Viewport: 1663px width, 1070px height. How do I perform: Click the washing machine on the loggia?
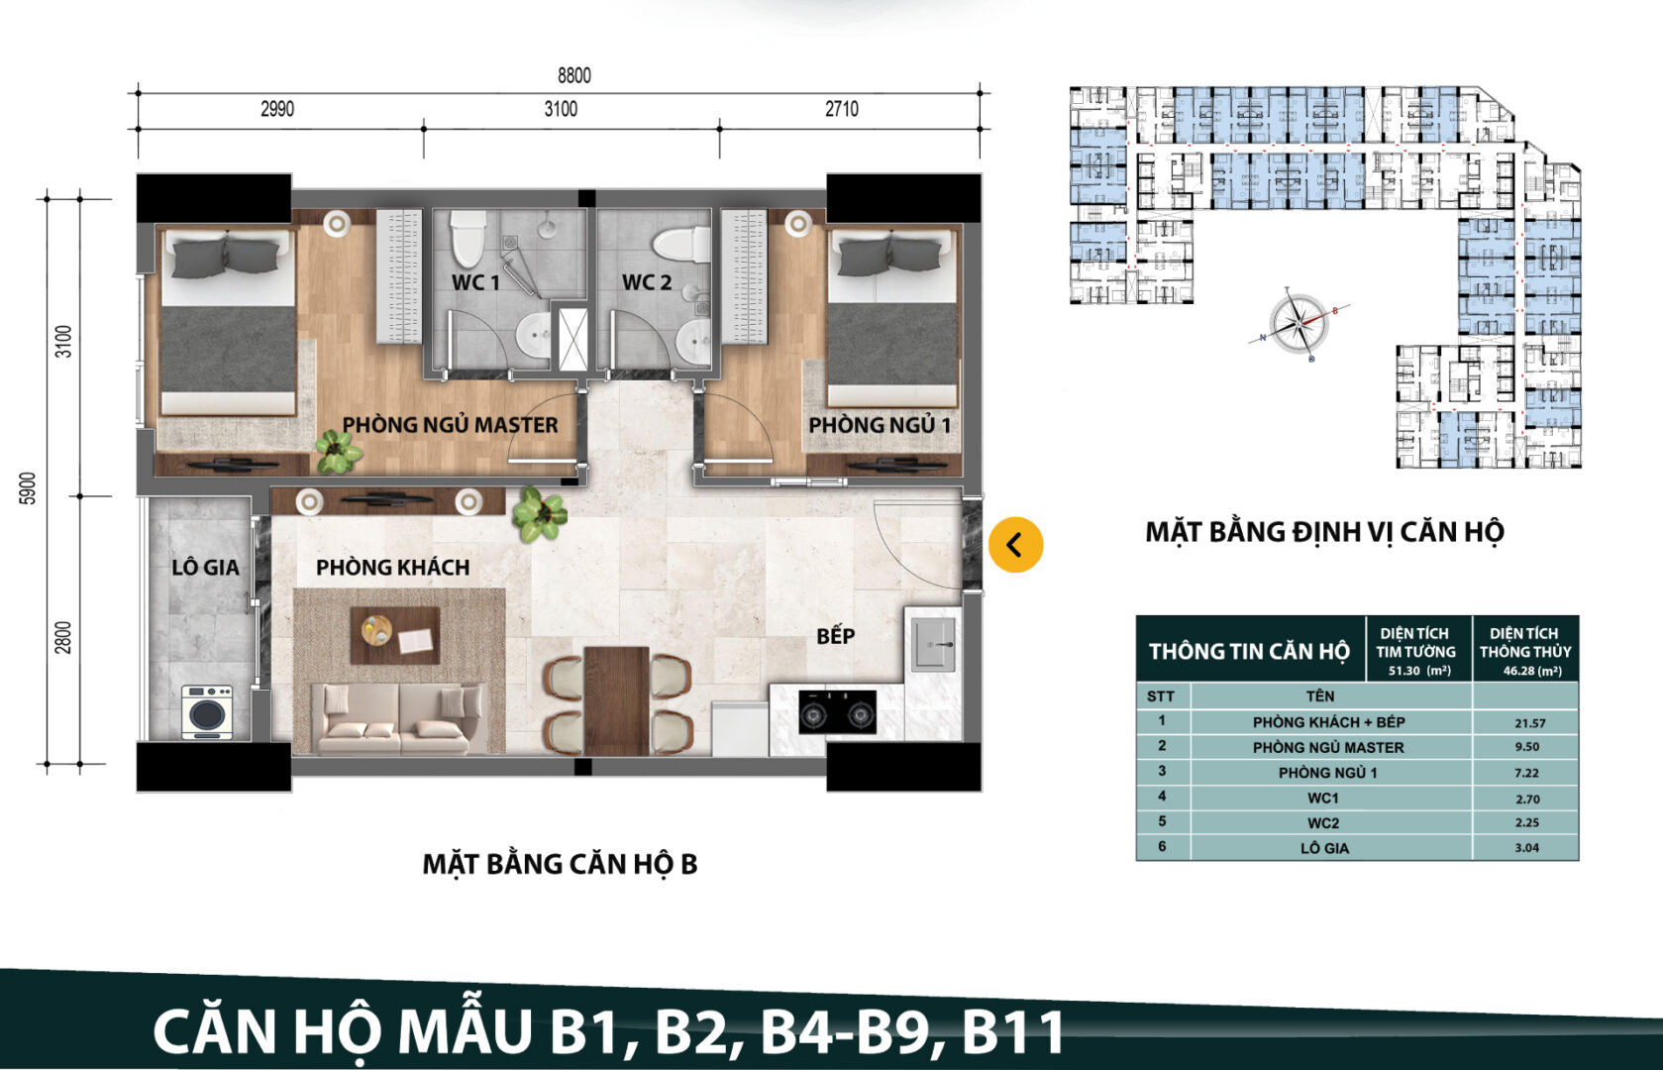point(207,712)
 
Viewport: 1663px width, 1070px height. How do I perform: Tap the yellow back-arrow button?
point(1015,545)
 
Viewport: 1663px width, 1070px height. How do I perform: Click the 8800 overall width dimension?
point(573,75)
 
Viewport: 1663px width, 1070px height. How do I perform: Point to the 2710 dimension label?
point(841,109)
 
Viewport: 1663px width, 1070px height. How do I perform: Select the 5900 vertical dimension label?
point(28,487)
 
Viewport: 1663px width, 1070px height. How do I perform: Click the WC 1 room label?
point(475,282)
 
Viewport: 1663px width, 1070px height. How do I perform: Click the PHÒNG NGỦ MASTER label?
point(450,425)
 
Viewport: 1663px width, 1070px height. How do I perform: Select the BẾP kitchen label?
point(835,636)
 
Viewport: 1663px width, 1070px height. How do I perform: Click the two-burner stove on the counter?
point(837,712)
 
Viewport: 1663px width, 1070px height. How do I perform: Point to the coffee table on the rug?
point(395,635)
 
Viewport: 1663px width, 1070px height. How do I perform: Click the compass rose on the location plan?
point(1299,324)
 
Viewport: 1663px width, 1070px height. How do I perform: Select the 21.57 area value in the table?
point(1528,723)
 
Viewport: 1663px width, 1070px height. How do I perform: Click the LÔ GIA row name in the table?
point(1324,848)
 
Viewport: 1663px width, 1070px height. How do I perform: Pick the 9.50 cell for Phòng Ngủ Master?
point(1526,747)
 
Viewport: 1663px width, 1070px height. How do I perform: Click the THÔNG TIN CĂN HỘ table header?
point(1248,651)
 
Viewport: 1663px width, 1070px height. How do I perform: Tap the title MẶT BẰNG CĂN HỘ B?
point(560,864)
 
